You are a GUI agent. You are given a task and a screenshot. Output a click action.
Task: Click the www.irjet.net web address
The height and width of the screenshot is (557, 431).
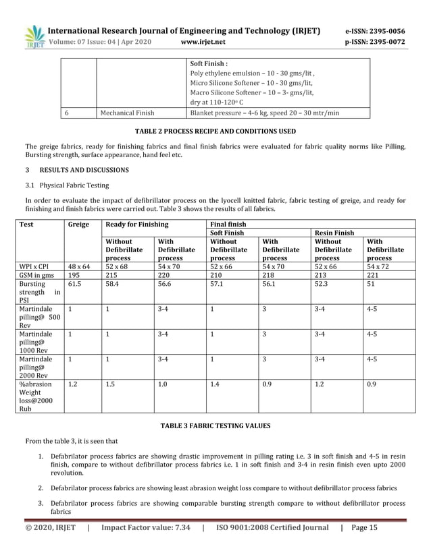tap(203, 42)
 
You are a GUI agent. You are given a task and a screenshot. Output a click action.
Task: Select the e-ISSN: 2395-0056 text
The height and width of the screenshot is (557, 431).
tap(375, 31)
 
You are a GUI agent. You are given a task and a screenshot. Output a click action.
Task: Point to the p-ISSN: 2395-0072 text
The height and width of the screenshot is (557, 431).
tap(375, 42)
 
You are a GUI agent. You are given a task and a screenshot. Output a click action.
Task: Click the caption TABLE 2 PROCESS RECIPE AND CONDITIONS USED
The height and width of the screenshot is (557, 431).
tap(215, 131)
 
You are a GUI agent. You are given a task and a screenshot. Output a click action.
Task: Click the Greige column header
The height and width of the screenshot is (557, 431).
tap(79, 224)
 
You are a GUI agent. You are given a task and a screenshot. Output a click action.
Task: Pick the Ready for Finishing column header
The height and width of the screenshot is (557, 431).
tap(137, 224)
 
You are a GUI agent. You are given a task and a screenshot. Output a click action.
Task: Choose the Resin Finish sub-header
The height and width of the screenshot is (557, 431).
tap(335, 233)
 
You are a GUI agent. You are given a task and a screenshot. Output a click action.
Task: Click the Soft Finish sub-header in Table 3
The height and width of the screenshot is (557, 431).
tap(227, 233)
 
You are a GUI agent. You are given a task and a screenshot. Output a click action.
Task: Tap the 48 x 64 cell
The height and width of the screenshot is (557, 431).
tap(78, 267)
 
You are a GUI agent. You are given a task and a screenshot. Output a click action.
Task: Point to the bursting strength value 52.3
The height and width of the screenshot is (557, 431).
tap(322, 285)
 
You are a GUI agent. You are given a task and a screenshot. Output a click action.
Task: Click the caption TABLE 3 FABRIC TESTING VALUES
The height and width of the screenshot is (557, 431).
tap(215, 426)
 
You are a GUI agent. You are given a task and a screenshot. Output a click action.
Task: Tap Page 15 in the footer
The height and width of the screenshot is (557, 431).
tap(365, 528)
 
